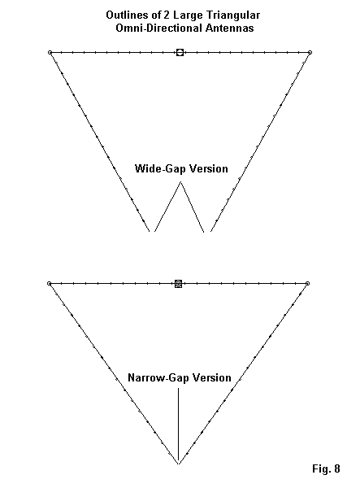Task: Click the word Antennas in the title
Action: pos(229,28)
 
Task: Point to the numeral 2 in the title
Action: pos(167,15)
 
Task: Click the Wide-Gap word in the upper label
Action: pos(160,168)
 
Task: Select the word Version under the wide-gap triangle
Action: pos(209,168)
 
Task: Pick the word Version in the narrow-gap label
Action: pos(212,377)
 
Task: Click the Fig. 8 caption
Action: pos(326,468)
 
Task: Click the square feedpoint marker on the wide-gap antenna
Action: pos(180,52)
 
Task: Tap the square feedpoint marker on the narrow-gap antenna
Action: pos(178,284)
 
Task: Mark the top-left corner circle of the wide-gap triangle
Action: pos(50,53)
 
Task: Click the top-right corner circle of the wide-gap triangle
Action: pos(310,53)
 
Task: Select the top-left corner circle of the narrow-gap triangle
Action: pos(49,284)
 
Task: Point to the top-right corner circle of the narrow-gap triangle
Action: pos(307,284)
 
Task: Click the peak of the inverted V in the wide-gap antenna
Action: pos(180,182)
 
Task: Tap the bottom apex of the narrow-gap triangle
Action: pos(179,464)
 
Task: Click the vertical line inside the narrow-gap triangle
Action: pos(178,425)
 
